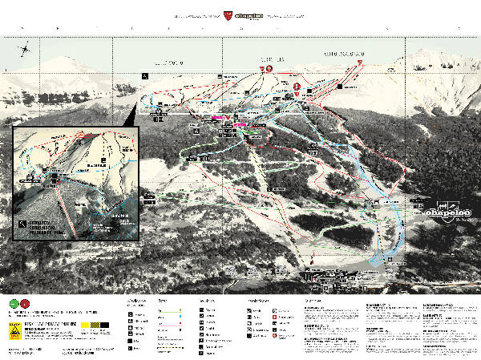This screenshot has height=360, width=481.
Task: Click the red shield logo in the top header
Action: (228, 14)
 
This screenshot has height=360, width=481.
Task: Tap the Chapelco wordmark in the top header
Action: (247, 14)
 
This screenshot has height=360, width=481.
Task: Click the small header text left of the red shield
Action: (197, 14)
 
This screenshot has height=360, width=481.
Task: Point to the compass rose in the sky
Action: (26, 50)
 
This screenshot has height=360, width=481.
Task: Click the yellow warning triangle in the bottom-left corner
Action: (14, 330)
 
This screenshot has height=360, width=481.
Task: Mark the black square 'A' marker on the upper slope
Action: (145, 75)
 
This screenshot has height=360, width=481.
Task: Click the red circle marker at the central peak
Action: (269, 70)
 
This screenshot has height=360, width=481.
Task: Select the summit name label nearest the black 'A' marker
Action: (170, 62)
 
